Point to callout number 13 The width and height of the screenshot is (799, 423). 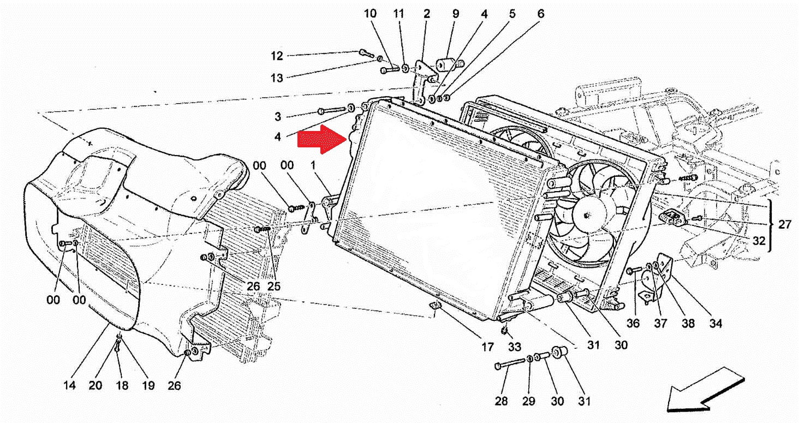pyautogui.click(x=277, y=78)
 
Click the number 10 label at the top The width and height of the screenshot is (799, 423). pyautogui.click(x=371, y=13)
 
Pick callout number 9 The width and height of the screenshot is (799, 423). pyautogui.click(x=455, y=13)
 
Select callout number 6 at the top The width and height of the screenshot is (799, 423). pyautogui.click(x=540, y=13)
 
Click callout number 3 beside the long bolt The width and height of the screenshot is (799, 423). pyautogui.click(x=278, y=116)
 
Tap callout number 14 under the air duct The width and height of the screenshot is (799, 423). pyautogui.click(x=69, y=385)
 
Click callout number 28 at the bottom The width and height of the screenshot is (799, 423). pyautogui.click(x=501, y=401)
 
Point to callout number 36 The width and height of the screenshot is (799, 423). pyautogui.click(x=633, y=323)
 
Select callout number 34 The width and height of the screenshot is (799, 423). pyautogui.click(x=715, y=323)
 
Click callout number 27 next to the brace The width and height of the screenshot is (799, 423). pyautogui.click(x=785, y=224)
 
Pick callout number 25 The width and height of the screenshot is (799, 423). pyautogui.click(x=273, y=285)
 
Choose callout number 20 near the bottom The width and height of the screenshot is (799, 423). pyautogui.click(x=96, y=385)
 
